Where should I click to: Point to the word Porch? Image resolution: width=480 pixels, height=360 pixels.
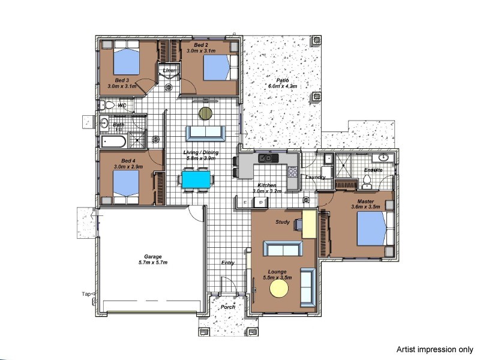pyautogui.click(x=228, y=307)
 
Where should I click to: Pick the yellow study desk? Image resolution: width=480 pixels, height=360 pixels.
pyautogui.click(x=308, y=224)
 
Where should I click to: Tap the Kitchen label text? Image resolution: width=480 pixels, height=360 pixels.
pyautogui.click(x=266, y=185)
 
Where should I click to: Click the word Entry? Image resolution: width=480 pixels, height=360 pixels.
pyautogui.click(x=228, y=263)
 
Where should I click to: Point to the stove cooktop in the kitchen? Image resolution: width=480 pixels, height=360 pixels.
pyautogui.click(x=293, y=172)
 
